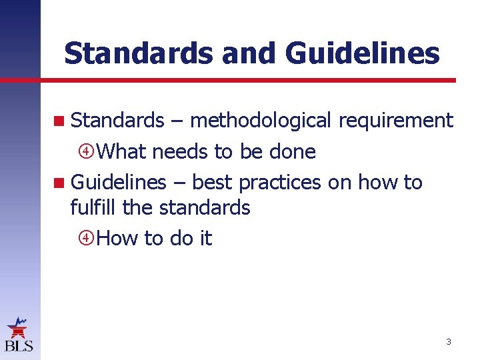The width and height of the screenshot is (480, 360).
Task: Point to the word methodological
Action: click(260, 121)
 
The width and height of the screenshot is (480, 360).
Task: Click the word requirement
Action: click(396, 121)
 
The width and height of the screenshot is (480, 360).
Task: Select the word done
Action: click(293, 151)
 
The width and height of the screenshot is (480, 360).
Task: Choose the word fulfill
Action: click(93, 207)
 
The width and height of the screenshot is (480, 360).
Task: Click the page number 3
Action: click(449, 342)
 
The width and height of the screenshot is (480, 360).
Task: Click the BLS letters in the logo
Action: click(19, 345)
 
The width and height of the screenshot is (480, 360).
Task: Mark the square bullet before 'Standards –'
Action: click(61, 121)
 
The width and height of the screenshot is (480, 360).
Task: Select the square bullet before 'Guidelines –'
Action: click(61, 183)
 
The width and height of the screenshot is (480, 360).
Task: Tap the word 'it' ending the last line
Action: click(205, 238)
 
